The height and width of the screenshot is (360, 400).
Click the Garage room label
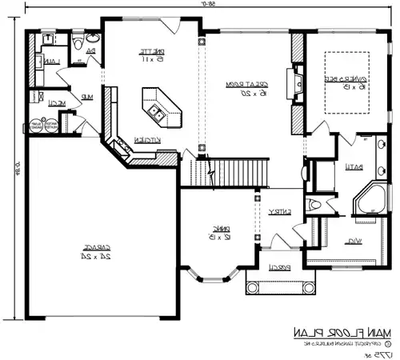click(95, 252)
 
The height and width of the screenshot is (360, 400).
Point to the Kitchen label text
click(143, 139)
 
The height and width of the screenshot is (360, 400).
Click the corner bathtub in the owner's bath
click(370, 201)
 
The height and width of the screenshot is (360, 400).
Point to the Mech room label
click(55, 102)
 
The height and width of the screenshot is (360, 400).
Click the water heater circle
click(34, 125)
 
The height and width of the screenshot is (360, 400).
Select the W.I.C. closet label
click(353, 241)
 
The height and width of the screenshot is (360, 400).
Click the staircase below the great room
click(228, 170)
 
